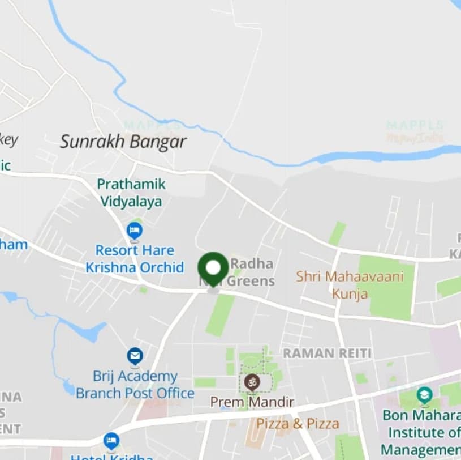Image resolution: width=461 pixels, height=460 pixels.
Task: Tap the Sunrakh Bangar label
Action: click(x=123, y=142)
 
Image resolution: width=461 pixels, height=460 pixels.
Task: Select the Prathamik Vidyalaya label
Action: click(x=131, y=193)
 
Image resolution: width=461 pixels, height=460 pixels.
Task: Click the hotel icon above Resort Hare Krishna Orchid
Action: click(x=135, y=231)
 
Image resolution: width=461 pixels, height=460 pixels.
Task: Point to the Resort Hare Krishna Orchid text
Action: click(x=135, y=258)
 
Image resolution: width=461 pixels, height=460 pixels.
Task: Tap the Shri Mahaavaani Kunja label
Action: click(x=350, y=285)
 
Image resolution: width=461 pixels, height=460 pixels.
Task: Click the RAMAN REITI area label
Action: click(x=327, y=353)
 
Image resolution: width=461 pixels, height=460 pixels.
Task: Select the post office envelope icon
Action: click(x=135, y=356)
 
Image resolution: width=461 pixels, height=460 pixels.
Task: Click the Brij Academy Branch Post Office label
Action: click(x=135, y=385)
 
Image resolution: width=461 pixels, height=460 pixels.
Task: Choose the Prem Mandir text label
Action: click(x=252, y=402)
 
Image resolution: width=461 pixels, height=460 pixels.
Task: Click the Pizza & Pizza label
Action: click(x=298, y=424)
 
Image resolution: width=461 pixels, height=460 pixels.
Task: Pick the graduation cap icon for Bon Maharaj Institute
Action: click(x=424, y=394)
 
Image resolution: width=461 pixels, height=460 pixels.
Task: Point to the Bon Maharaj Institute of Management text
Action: click(x=422, y=432)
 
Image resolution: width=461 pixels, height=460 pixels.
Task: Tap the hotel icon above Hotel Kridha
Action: click(x=111, y=440)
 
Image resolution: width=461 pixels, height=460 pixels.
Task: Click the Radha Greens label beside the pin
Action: click(x=252, y=272)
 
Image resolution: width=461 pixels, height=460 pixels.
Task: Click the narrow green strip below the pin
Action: click(x=221, y=315)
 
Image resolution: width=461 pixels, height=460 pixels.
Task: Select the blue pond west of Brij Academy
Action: click(x=91, y=331)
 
